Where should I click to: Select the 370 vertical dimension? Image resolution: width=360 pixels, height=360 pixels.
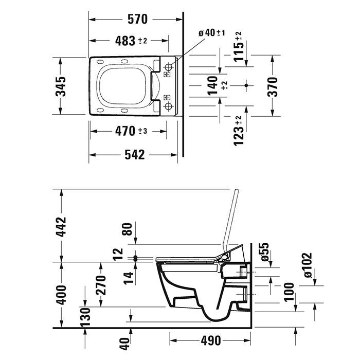pyautogui.click(x=272, y=86)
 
